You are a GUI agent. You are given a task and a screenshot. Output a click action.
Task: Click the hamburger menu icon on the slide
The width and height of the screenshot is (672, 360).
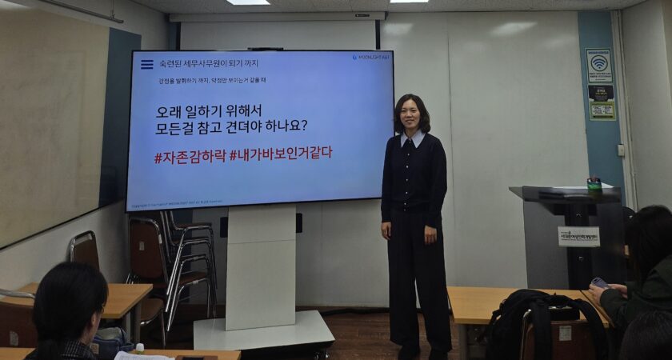tap(146, 64)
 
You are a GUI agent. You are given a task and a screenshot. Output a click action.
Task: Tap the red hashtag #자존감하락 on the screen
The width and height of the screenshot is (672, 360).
tap(190, 156)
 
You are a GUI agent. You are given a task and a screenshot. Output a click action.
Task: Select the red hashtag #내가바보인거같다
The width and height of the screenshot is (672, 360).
tap(281, 153)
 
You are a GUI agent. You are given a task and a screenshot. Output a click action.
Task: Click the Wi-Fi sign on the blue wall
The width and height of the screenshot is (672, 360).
tap(598, 65)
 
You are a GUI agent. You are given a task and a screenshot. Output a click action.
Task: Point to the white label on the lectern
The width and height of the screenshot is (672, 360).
tap(578, 236)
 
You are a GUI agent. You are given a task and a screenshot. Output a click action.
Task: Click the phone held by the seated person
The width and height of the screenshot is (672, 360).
tap(599, 282)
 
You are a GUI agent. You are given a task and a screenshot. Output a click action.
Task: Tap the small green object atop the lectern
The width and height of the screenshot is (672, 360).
tap(594, 183)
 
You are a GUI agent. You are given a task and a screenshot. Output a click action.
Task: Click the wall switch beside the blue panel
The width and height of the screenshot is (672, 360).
tap(620, 150)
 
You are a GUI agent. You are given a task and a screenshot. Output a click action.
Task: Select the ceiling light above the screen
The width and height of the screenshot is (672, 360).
tap(247, 2)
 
